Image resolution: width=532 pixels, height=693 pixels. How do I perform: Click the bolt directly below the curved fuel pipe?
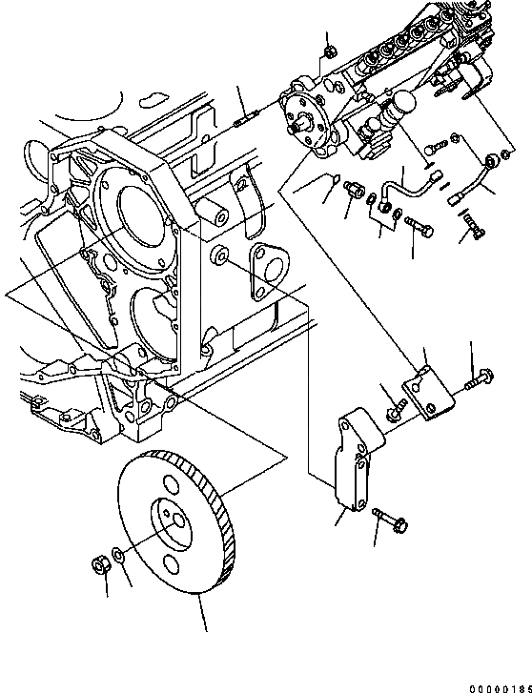(420, 227)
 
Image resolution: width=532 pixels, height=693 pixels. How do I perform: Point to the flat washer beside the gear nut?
(117, 556)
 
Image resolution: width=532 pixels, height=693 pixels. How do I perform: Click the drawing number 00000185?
(497, 682)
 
